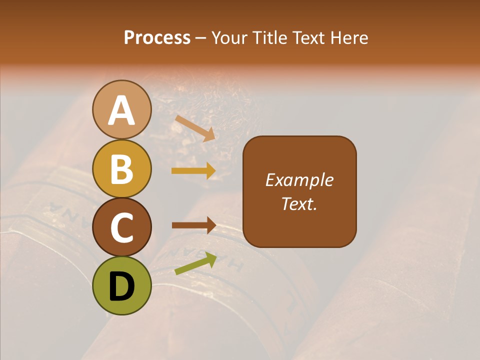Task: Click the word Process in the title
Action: click(x=157, y=38)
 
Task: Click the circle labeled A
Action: click(x=122, y=109)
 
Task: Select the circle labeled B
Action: click(x=122, y=168)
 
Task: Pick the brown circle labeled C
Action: click(x=122, y=227)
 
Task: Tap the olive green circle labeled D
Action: click(x=122, y=285)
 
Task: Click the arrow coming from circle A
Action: click(x=195, y=128)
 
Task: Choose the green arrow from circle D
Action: click(x=195, y=264)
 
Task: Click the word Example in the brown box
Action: click(x=299, y=180)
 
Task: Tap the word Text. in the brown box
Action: click(x=299, y=203)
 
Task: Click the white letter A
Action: click(x=122, y=110)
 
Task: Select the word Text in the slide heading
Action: click(x=307, y=38)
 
